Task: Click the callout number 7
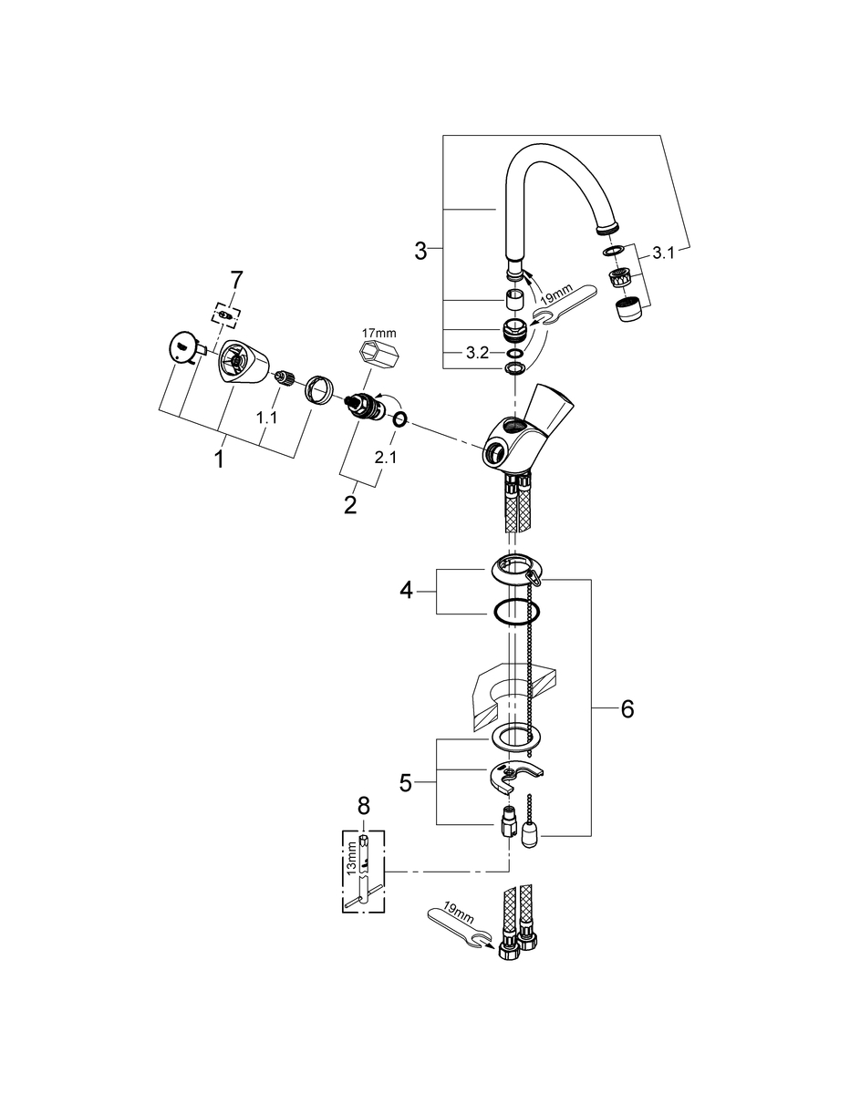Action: pyautogui.click(x=235, y=281)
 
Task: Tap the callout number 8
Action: pyautogui.click(x=363, y=806)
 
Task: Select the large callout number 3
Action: pyautogui.click(x=420, y=250)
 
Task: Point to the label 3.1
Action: pyautogui.click(x=663, y=253)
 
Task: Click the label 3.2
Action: pyautogui.click(x=477, y=353)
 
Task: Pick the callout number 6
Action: pyautogui.click(x=627, y=709)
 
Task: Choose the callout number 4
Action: pyautogui.click(x=406, y=590)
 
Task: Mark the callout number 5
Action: pyautogui.click(x=405, y=783)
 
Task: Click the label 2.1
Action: pyautogui.click(x=386, y=458)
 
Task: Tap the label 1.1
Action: pyautogui.click(x=266, y=418)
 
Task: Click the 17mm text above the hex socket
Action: pyautogui.click(x=380, y=333)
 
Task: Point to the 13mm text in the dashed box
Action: pyautogui.click(x=352, y=861)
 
